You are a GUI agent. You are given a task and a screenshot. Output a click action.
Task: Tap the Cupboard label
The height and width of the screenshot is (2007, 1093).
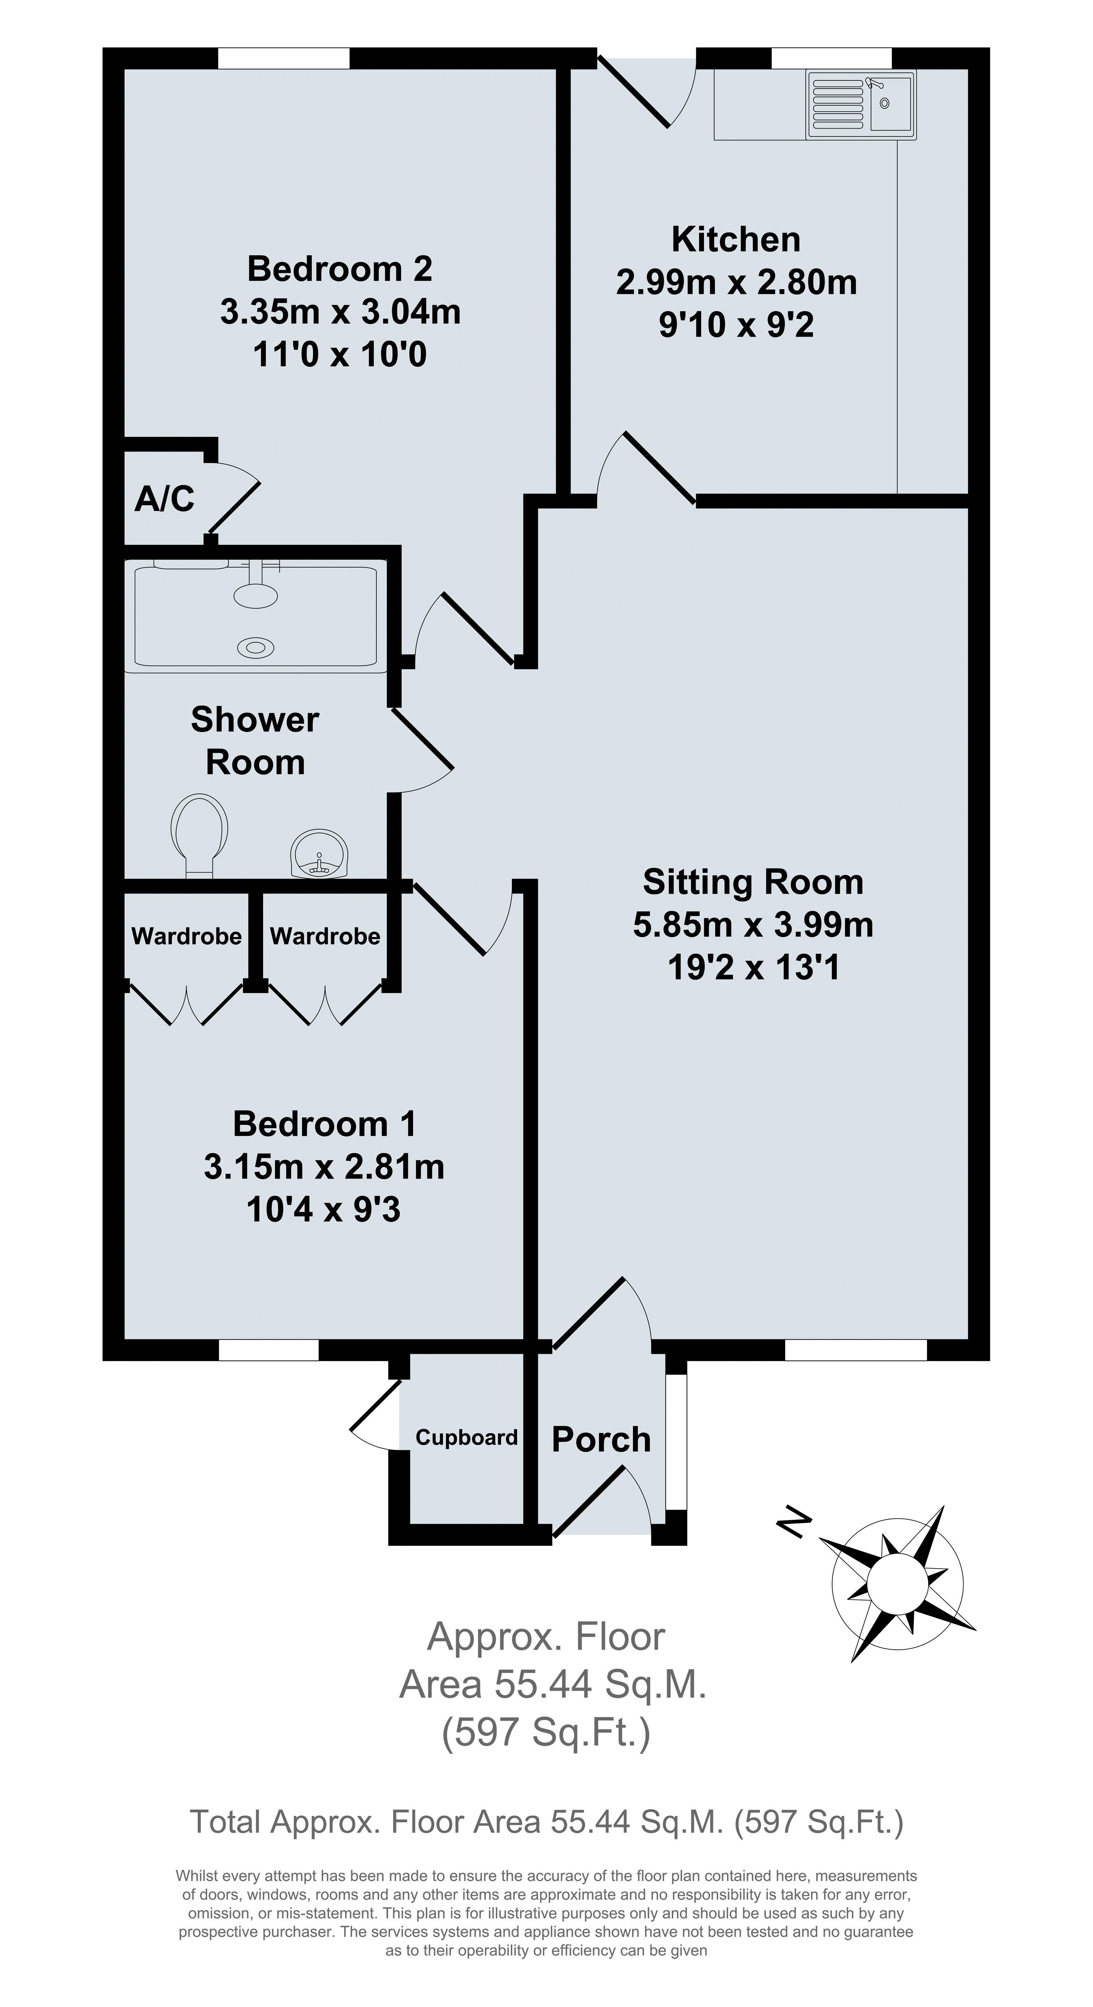(467, 1438)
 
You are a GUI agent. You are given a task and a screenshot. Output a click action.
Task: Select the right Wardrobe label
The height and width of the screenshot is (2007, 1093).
(325, 936)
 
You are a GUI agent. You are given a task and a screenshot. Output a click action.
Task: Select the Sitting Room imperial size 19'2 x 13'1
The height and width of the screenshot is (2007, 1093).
(753, 968)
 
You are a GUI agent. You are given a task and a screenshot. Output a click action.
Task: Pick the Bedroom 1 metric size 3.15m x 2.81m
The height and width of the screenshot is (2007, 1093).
(324, 1166)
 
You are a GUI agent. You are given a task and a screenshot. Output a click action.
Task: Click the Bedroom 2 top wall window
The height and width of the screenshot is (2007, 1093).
(283, 58)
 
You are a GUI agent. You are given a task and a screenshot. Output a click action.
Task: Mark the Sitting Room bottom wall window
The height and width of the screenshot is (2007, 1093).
(855, 1349)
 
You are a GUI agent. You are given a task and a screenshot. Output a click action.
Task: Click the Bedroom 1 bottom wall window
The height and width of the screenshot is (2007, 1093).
(269, 1349)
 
